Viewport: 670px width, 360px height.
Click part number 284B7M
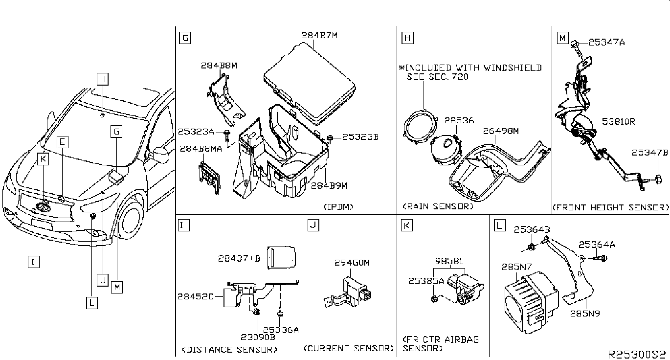click(x=319, y=35)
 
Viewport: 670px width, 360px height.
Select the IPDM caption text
click(x=338, y=207)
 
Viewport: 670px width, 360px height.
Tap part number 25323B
click(x=360, y=137)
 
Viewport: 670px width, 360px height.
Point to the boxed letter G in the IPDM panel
click(x=185, y=38)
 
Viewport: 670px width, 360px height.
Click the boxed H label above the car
click(x=103, y=79)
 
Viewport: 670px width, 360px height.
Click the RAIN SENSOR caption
click(x=438, y=206)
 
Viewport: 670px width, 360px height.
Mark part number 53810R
click(x=618, y=121)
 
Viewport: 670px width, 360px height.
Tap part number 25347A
click(x=606, y=42)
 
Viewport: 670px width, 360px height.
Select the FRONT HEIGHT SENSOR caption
click(x=610, y=207)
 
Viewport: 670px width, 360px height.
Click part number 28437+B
click(x=239, y=258)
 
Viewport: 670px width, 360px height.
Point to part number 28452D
click(x=196, y=296)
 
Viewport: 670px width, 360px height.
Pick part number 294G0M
click(x=352, y=263)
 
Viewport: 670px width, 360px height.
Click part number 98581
click(x=448, y=261)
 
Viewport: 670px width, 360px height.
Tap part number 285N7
click(x=516, y=267)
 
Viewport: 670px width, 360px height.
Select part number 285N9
click(x=585, y=314)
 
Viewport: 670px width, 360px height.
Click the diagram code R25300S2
click(x=637, y=355)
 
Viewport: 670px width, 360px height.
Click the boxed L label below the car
click(x=91, y=303)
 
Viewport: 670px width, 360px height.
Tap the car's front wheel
click(x=131, y=217)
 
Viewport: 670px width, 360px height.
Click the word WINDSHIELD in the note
click(x=513, y=68)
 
